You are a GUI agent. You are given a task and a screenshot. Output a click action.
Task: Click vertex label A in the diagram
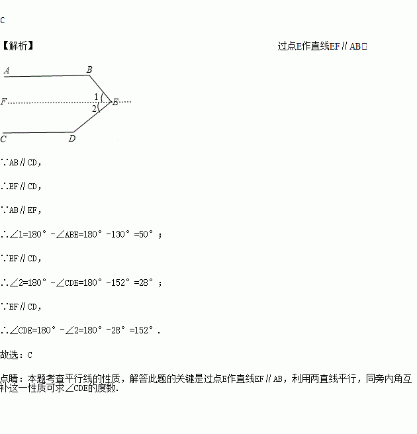(x=7, y=69)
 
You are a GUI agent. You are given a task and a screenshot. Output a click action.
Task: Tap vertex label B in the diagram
(x=89, y=69)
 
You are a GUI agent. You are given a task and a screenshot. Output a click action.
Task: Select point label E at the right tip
(x=115, y=102)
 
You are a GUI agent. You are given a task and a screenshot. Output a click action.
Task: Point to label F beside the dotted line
(x=4, y=102)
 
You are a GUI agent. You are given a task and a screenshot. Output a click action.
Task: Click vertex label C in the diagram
(x=4, y=139)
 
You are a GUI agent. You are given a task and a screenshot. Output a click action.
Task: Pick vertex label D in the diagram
(x=71, y=138)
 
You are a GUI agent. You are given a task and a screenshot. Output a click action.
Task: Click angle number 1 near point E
(x=96, y=97)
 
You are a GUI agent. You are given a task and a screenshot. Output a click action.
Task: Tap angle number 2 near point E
(x=95, y=108)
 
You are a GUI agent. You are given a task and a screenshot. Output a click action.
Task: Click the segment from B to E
(x=101, y=89)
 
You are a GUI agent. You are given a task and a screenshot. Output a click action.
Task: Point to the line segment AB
(x=46, y=76)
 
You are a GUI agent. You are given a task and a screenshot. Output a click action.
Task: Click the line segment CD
(x=36, y=132)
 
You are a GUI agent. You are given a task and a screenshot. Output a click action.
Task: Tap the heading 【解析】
(x=17, y=46)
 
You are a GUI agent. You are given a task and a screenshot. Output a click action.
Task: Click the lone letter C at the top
(x=3, y=21)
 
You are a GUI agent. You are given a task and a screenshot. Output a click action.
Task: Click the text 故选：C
(x=17, y=355)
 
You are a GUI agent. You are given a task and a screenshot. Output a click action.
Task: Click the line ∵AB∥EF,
(x=21, y=210)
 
